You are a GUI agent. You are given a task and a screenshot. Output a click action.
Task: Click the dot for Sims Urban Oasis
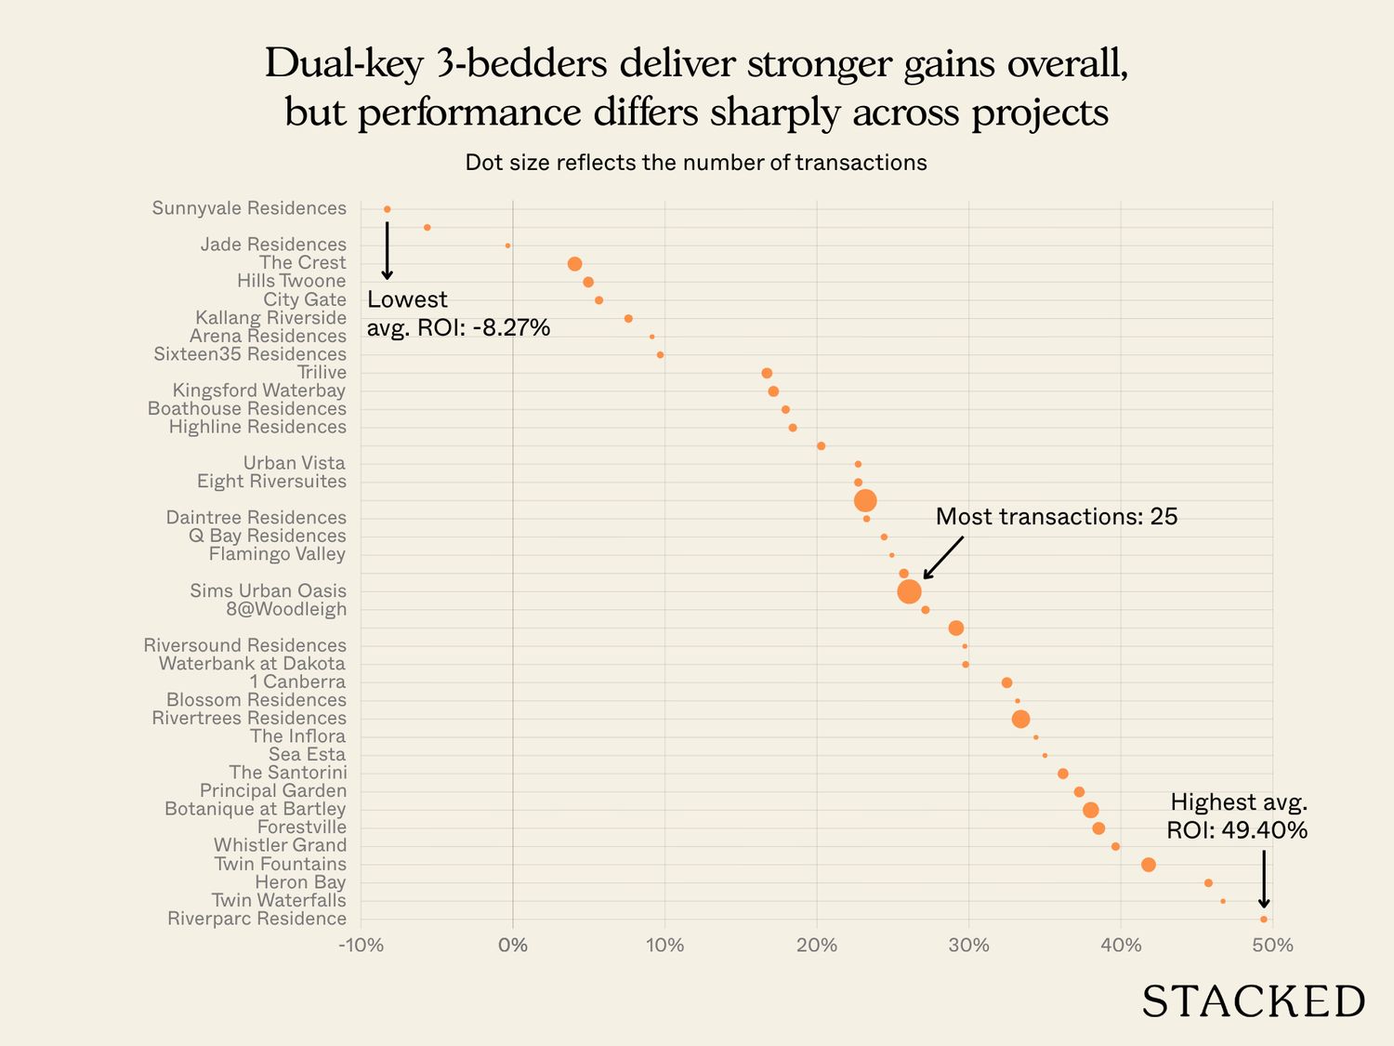pos(909,591)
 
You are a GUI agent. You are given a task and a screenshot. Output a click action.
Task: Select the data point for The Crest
pos(574,264)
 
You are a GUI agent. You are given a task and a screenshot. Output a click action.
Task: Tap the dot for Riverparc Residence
pos(1263,919)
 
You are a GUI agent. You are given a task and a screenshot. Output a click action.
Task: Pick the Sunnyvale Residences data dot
pos(387,209)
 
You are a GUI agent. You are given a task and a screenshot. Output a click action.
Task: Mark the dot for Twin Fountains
pos(1148,865)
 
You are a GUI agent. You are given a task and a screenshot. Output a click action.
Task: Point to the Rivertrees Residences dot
pos(1020,719)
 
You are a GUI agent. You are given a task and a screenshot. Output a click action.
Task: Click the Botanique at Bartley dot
pos(1090,810)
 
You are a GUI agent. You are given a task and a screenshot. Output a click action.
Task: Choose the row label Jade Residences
pos(273,245)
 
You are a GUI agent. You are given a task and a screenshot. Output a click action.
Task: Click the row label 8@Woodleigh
pos(286,609)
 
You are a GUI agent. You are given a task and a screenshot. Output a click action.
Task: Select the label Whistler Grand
pos(280,845)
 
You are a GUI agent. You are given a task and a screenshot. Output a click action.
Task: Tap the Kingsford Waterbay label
pos(259,391)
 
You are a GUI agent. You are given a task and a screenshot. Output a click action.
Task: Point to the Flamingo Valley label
pos(277,554)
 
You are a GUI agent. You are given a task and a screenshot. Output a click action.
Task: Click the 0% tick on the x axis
pos(513,946)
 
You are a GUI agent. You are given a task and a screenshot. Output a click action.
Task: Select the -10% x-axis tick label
pos(361,946)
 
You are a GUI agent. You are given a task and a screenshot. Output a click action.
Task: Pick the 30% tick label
pos(968,946)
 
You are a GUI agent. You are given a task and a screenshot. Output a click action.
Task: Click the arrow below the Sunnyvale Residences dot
pos(387,249)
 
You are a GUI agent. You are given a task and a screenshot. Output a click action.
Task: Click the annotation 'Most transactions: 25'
pos(1056,517)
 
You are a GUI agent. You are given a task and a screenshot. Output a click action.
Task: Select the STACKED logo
pos(1253,1001)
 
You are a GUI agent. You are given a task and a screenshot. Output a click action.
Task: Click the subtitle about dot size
pos(696,163)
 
